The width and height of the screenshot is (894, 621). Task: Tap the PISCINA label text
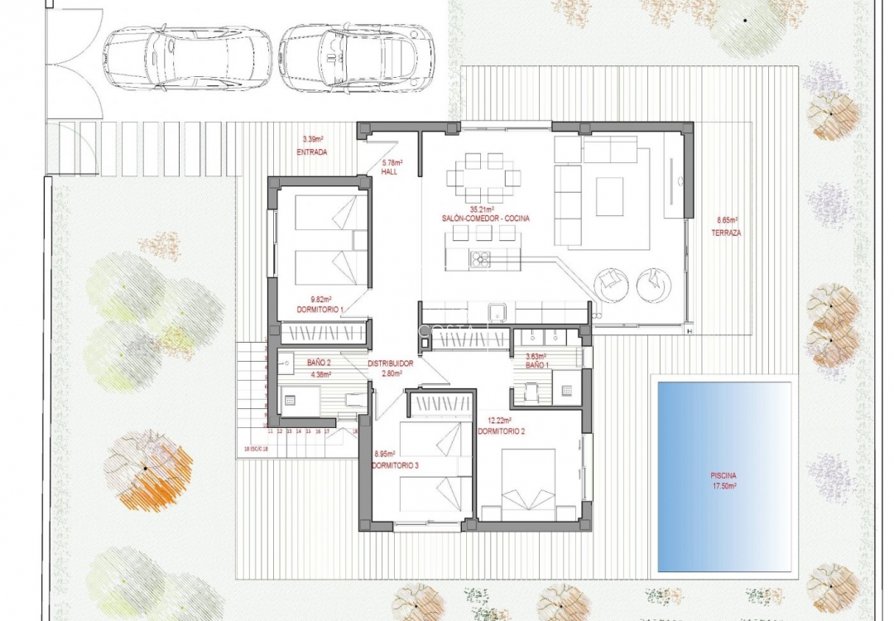[x=723, y=476]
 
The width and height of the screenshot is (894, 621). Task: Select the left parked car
[x=189, y=58]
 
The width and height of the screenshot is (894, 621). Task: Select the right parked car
[x=357, y=58]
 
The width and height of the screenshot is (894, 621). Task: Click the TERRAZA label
[x=726, y=233]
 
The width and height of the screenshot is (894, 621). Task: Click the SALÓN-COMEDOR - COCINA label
[x=486, y=219]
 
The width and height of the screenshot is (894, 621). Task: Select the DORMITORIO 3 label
[x=396, y=466]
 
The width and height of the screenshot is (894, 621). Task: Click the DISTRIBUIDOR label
[x=390, y=363]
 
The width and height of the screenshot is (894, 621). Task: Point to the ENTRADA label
[x=311, y=152]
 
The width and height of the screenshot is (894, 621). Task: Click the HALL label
[x=391, y=172]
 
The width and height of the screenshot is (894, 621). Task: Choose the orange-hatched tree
[x=149, y=470]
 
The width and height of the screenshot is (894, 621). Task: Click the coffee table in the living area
[x=609, y=197]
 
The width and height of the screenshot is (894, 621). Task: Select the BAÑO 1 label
[x=537, y=365]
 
